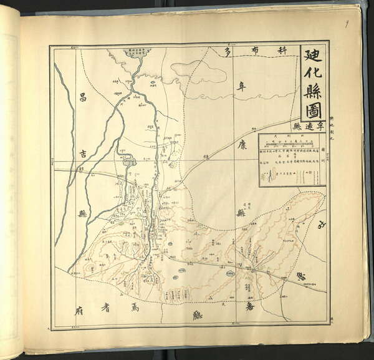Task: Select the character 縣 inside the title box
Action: [313, 92]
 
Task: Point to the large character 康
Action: [242, 145]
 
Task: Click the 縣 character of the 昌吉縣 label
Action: [82, 213]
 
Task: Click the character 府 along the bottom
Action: [79, 308]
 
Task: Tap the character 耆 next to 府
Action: [106, 308]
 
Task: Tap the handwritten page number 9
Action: [347, 24]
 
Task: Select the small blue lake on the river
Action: [129, 162]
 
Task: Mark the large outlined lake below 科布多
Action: [199, 72]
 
